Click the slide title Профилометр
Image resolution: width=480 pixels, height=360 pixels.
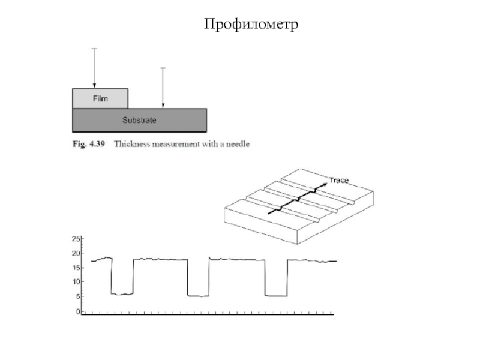coord(251,24)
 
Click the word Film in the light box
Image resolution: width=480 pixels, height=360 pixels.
coord(100,98)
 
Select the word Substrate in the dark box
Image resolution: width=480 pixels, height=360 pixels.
coord(139,120)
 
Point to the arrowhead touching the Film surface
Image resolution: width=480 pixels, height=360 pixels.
coord(94,86)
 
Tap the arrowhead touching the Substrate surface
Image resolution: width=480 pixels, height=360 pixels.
coord(163,106)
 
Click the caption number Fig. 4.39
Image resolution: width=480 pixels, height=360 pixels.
coord(89,144)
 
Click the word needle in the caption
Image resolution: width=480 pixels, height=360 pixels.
coord(238,144)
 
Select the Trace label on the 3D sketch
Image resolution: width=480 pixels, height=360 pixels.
coord(339,181)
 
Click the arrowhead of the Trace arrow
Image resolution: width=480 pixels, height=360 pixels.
coord(325,185)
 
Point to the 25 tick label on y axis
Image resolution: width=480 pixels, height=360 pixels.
coord(76,239)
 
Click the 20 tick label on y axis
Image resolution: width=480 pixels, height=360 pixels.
coord(76,253)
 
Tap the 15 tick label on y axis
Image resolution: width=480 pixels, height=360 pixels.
coord(76,268)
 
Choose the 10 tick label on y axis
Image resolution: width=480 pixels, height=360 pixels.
coord(76,282)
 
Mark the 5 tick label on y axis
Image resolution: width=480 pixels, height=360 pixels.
coord(78,296)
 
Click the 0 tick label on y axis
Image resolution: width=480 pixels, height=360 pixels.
coord(78,311)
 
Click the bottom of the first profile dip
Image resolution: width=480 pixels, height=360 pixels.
coord(122,294)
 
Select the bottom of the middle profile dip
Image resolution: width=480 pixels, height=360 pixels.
coord(198,296)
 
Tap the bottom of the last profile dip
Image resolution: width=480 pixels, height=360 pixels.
coord(276,296)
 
